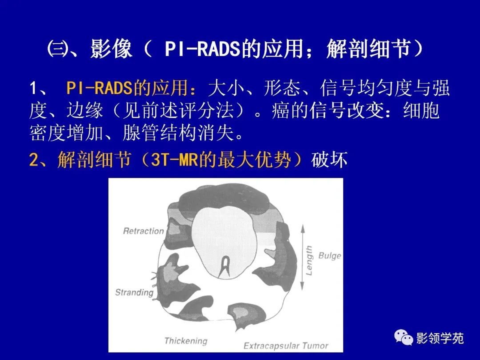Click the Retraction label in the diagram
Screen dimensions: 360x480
[143, 231]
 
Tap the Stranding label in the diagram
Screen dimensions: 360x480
[134, 292]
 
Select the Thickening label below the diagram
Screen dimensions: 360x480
[186, 341]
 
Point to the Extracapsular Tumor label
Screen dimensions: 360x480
[286, 345]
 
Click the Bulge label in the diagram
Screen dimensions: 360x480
[330, 256]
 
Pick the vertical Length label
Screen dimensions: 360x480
[309, 260]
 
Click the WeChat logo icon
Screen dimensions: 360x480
[404, 339]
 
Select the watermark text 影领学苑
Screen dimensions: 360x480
[440, 339]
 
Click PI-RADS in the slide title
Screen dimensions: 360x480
[203, 50]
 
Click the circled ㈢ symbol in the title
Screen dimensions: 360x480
[57, 50]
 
